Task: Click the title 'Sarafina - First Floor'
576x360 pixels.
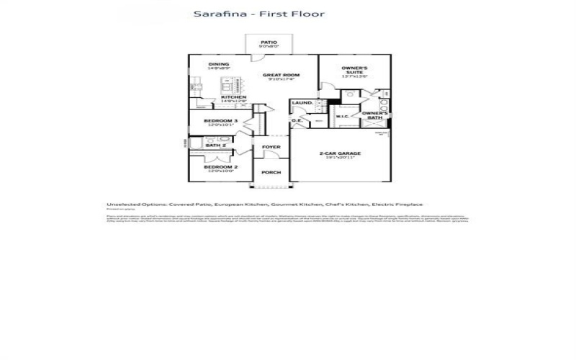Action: pos(258,14)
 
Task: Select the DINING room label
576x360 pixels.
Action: pos(219,64)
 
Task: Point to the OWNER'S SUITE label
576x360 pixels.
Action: pos(354,71)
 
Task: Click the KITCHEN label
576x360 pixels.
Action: pos(233,97)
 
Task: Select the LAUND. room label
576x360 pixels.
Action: pos(302,103)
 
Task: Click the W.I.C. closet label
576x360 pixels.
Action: pos(343,116)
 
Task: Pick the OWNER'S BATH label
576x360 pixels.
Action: pos(375,115)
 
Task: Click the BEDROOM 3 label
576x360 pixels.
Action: pos(217,120)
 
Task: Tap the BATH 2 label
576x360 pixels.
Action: pos(216,145)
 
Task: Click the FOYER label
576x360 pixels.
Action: pos(271,147)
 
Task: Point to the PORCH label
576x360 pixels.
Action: pos(271,173)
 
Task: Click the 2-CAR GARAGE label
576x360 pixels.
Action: pos(340,153)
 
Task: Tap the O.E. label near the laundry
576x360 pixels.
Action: pos(296,120)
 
